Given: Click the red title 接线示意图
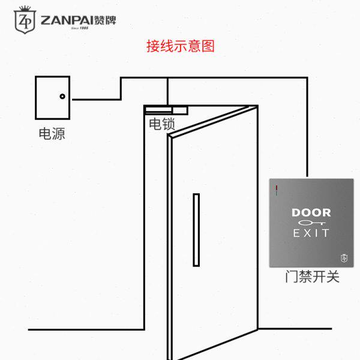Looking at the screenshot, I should point(180,46).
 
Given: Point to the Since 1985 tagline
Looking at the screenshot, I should point(79,29).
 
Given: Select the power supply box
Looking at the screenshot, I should point(52,98).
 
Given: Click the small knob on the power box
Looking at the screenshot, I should point(62,97).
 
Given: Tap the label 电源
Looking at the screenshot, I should point(52,134).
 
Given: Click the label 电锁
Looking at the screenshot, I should point(162,125).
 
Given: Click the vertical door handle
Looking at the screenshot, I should point(196,229).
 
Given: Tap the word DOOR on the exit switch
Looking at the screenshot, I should point(311,212).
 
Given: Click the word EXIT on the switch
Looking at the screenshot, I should point(311,232).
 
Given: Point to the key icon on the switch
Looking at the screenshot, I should point(307,223).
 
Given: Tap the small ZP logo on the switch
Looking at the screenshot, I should point(344,257).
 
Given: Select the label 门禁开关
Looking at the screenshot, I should point(312,277).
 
